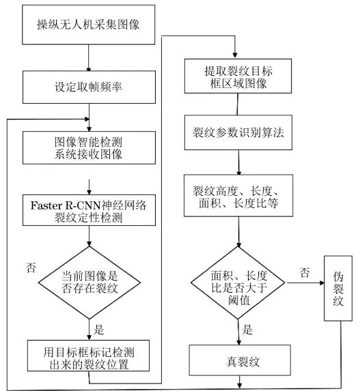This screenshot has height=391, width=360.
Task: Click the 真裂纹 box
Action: click(x=238, y=359)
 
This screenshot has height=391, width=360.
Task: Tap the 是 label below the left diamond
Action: click(x=98, y=330)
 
